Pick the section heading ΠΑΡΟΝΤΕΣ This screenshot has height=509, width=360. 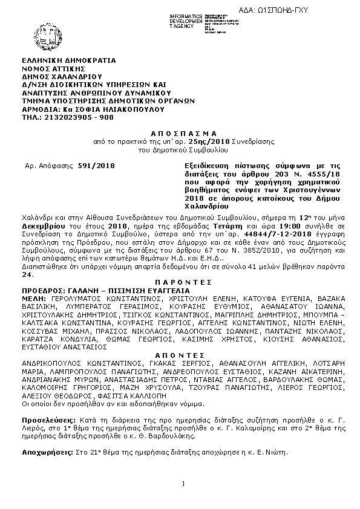pyautogui.click(x=180, y=282)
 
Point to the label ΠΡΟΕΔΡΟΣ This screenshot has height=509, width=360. pyautogui.click(x=42, y=290)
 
